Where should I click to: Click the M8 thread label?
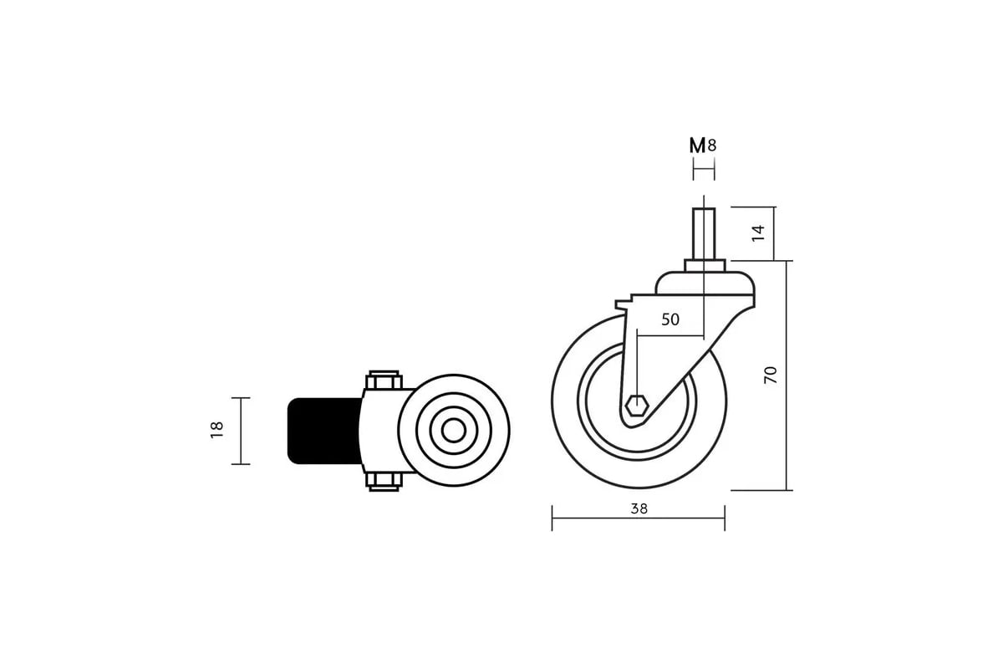(703, 146)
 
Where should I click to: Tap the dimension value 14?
(758, 233)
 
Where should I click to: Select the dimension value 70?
(770, 375)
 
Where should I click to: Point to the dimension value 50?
(670, 319)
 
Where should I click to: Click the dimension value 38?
(639, 508)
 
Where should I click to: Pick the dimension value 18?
(216, 430)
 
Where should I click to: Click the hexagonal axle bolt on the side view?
(637, 406)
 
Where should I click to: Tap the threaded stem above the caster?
(704, 233)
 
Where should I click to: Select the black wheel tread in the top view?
(324, 431)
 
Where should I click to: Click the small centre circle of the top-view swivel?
(454, 431)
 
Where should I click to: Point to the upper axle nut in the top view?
(384, 380)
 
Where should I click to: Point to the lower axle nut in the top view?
(384, 482)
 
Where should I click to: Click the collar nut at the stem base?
(705, 265)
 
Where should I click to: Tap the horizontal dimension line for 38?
(639, 518)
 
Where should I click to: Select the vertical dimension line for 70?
(787, 375)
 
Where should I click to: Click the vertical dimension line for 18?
(241, 431)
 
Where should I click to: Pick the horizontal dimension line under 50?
(670, 335)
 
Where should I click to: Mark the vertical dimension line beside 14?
(774, 233)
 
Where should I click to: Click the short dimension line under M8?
(704, 169)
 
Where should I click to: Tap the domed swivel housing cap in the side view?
(705, 283)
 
